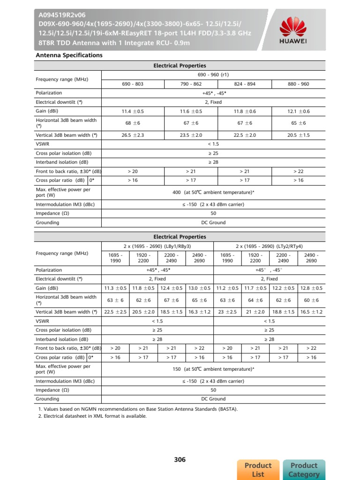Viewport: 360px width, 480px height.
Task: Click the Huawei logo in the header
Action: click(x=293, y=30)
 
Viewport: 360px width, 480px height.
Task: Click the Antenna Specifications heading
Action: click(x=69, y=55)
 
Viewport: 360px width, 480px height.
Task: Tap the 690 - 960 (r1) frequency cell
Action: click(x=213, y=75)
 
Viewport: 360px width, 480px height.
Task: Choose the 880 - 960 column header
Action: click(x=298, y=84)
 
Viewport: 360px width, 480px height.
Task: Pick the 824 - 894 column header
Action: click(x=244, y=84)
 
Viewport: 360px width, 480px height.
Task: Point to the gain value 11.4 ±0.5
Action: click(x=132, y=112)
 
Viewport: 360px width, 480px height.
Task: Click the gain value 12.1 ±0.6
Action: click(x=298, y=112)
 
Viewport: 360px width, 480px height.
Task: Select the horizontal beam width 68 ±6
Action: click(x=132, y=123)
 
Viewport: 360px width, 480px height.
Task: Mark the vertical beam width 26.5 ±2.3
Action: click(x=132, y=135)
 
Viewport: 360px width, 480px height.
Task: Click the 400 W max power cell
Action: click(x=213, y=192)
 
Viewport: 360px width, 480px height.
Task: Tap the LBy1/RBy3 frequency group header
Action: click(x=157, y=246)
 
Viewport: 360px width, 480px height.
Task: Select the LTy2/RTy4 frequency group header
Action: click(x=269, y=246)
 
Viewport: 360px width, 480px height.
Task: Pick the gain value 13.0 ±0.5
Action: click(x=199, y=288)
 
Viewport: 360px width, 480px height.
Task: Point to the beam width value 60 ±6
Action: click(x=311, y=300)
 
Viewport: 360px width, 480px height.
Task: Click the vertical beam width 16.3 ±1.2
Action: click(x=199, y=312)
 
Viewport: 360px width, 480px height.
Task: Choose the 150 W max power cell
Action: click(x=213, y=369)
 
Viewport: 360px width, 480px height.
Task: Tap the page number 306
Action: click(x=180, y=460)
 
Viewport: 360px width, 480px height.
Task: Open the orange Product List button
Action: click(x=258, y=470)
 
